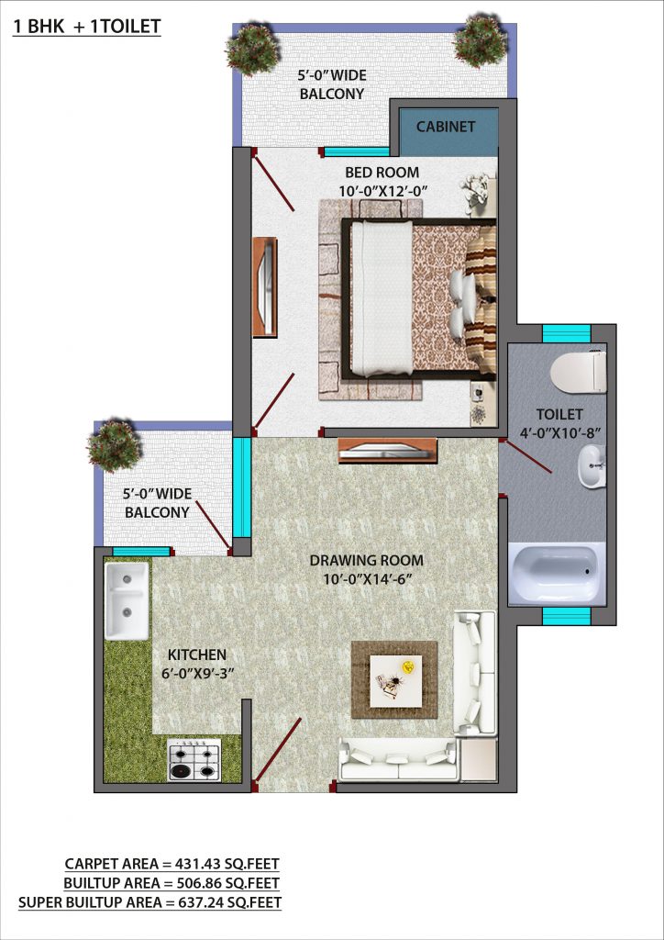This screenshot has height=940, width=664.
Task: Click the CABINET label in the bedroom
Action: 446,127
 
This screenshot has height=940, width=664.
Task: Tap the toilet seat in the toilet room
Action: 579,372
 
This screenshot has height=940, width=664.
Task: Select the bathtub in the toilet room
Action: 556,573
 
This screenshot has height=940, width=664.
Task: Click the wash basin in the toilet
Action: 592,467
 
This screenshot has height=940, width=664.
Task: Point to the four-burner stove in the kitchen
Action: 194,759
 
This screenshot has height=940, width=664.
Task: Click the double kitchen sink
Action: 127,600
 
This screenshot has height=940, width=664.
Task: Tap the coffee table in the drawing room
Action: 395,680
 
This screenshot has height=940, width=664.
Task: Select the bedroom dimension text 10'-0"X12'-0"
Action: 382,191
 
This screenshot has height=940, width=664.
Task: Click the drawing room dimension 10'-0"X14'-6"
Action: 367,579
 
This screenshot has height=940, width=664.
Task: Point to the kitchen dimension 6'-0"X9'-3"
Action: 197,673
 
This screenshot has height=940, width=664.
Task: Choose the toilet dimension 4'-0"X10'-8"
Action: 559,433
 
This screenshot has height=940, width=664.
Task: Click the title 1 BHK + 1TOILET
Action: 87,27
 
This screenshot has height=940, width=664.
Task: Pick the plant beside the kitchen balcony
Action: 114,446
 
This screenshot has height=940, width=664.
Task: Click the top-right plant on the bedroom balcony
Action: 481,40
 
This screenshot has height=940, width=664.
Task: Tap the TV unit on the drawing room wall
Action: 387,451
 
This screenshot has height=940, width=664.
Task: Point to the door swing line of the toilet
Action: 526,457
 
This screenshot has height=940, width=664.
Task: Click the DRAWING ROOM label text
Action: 367,561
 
